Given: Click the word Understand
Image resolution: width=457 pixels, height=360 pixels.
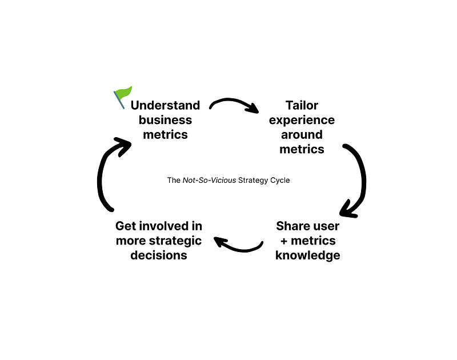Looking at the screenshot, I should tap(165, 105).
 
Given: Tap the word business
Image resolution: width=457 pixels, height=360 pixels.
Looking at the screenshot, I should tap(165, 120).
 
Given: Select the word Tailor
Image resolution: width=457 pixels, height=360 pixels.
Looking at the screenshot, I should tap(302, 105).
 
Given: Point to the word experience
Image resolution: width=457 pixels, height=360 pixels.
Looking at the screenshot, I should tap(302, 120).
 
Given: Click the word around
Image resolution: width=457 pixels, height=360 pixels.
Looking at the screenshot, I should tap(302, 135).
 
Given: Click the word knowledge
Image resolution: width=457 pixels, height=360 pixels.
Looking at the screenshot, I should tap(307, 255).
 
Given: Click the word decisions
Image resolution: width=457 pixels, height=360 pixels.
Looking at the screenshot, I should tap(158, 255).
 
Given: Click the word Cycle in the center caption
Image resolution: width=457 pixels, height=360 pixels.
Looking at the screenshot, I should tap(277, 181).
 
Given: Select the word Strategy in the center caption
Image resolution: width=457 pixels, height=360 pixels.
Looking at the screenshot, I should tap(247, 181).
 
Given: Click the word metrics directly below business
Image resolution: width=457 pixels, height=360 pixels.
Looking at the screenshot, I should tap(165, 135).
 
